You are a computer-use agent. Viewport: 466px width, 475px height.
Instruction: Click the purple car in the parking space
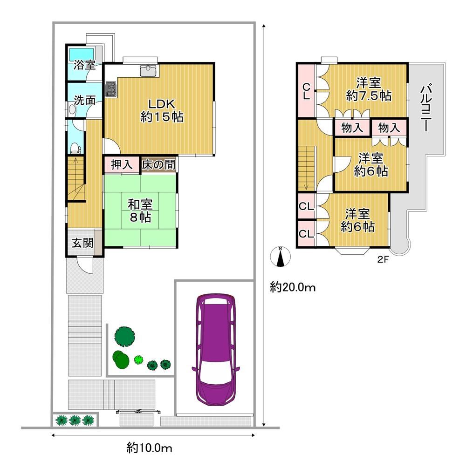216,349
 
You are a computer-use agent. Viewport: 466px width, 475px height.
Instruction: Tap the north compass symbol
281,257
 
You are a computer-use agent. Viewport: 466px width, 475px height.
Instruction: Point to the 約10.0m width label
149,448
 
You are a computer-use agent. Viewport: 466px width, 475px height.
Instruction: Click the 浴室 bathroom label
85,65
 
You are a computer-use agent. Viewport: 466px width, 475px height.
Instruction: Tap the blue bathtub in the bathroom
82,54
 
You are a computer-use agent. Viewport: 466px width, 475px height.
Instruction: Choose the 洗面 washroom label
85,100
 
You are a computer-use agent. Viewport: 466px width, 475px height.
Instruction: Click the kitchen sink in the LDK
148,71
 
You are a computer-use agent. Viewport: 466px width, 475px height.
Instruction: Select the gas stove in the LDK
110,89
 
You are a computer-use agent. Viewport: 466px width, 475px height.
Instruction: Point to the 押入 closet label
122,165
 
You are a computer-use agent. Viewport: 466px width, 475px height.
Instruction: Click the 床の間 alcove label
158,165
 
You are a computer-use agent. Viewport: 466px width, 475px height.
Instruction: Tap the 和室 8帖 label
140,211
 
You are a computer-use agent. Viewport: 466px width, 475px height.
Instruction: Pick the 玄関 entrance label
82,243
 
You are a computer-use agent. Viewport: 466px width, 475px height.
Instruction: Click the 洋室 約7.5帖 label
369,89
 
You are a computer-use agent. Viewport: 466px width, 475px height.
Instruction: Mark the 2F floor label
383,259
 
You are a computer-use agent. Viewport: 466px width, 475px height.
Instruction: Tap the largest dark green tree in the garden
124,337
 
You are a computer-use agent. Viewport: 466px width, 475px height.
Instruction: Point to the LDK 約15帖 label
162,110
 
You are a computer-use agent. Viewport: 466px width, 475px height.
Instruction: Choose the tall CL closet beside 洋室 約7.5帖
307,91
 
